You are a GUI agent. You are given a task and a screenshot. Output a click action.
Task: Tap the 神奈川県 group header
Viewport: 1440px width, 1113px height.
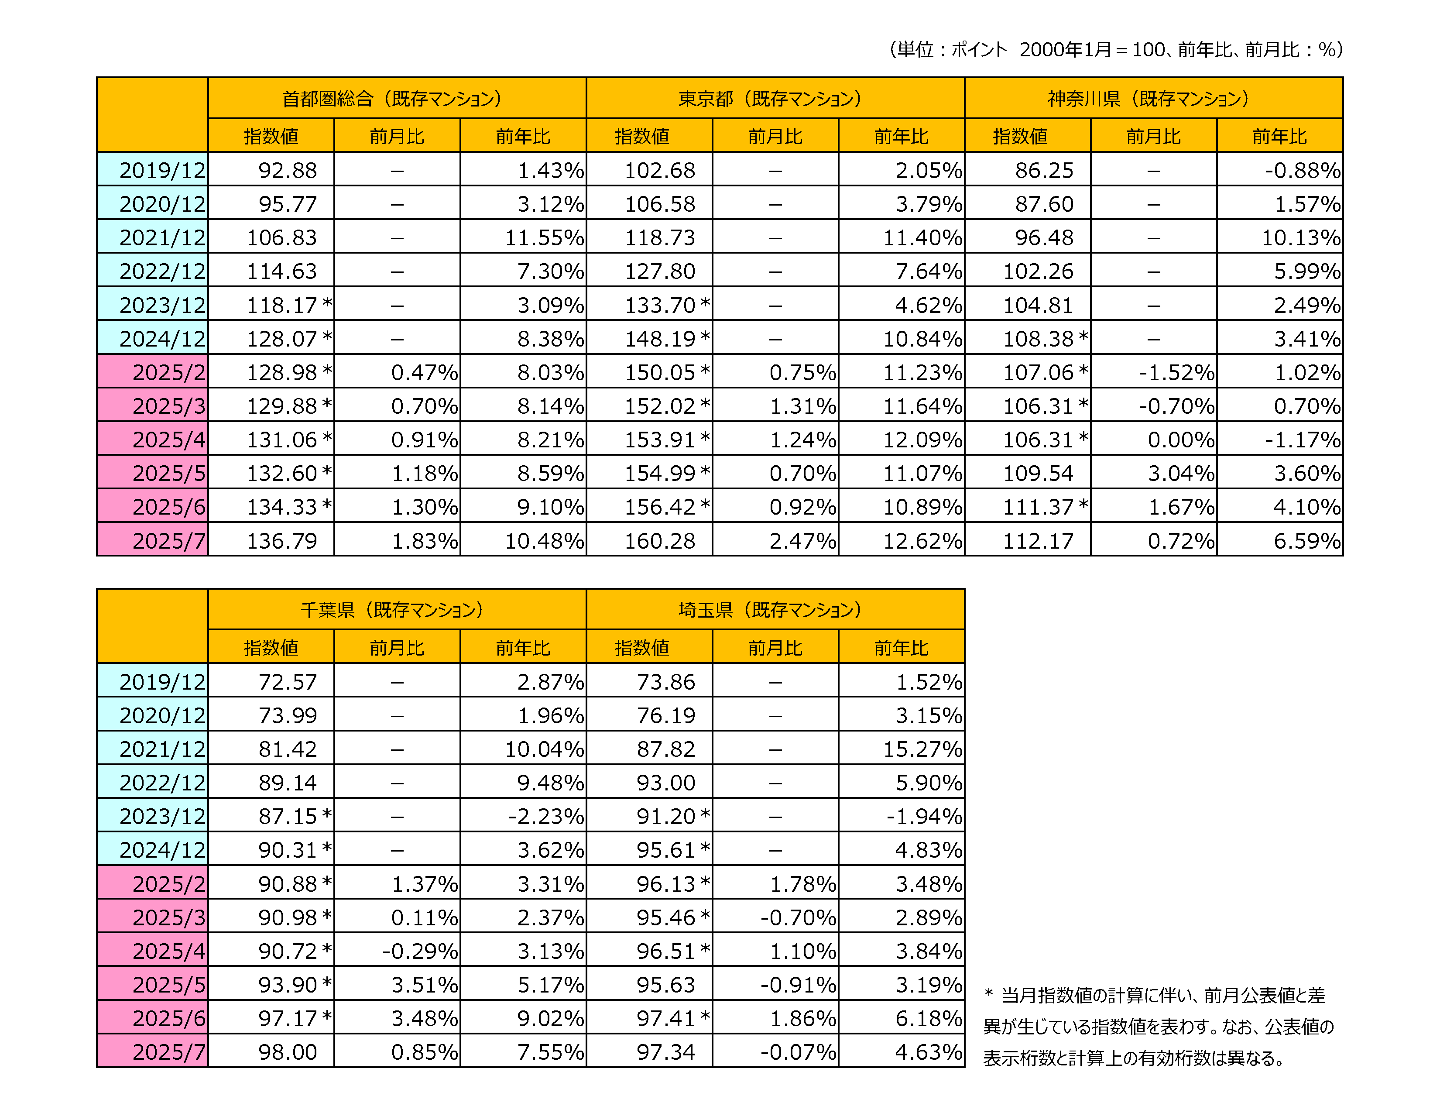1153,98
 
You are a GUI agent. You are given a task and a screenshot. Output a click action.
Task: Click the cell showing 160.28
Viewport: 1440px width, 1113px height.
659,541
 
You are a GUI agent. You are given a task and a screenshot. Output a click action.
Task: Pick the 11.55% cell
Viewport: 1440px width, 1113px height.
544,237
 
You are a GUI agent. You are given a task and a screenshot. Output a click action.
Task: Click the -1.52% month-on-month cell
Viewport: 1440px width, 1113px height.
1176,373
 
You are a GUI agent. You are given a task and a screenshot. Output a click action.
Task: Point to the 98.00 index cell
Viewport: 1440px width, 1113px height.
288,1052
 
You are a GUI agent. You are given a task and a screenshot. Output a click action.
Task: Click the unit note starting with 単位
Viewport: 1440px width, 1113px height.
1116,49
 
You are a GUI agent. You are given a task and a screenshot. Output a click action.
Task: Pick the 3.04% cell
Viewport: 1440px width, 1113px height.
1180,474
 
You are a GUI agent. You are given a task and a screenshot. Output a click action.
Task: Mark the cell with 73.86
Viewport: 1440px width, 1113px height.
665,682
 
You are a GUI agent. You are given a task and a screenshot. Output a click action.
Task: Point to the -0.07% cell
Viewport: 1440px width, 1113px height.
797,1052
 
